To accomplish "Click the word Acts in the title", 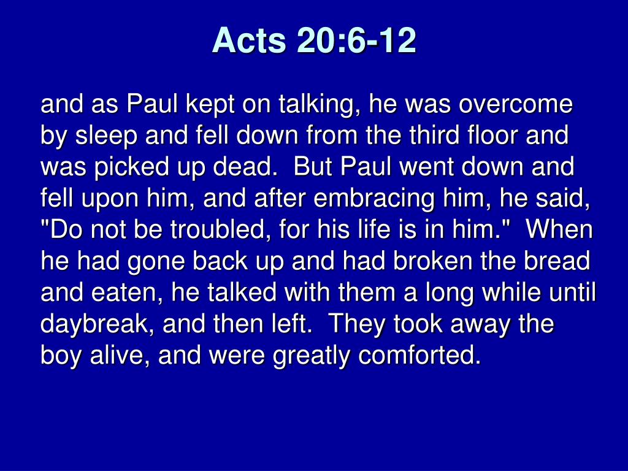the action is (249, 40).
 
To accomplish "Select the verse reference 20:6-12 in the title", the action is (356, 40).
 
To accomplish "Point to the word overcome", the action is (516, 104).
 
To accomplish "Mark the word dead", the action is (245, 167).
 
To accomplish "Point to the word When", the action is (559, 229).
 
